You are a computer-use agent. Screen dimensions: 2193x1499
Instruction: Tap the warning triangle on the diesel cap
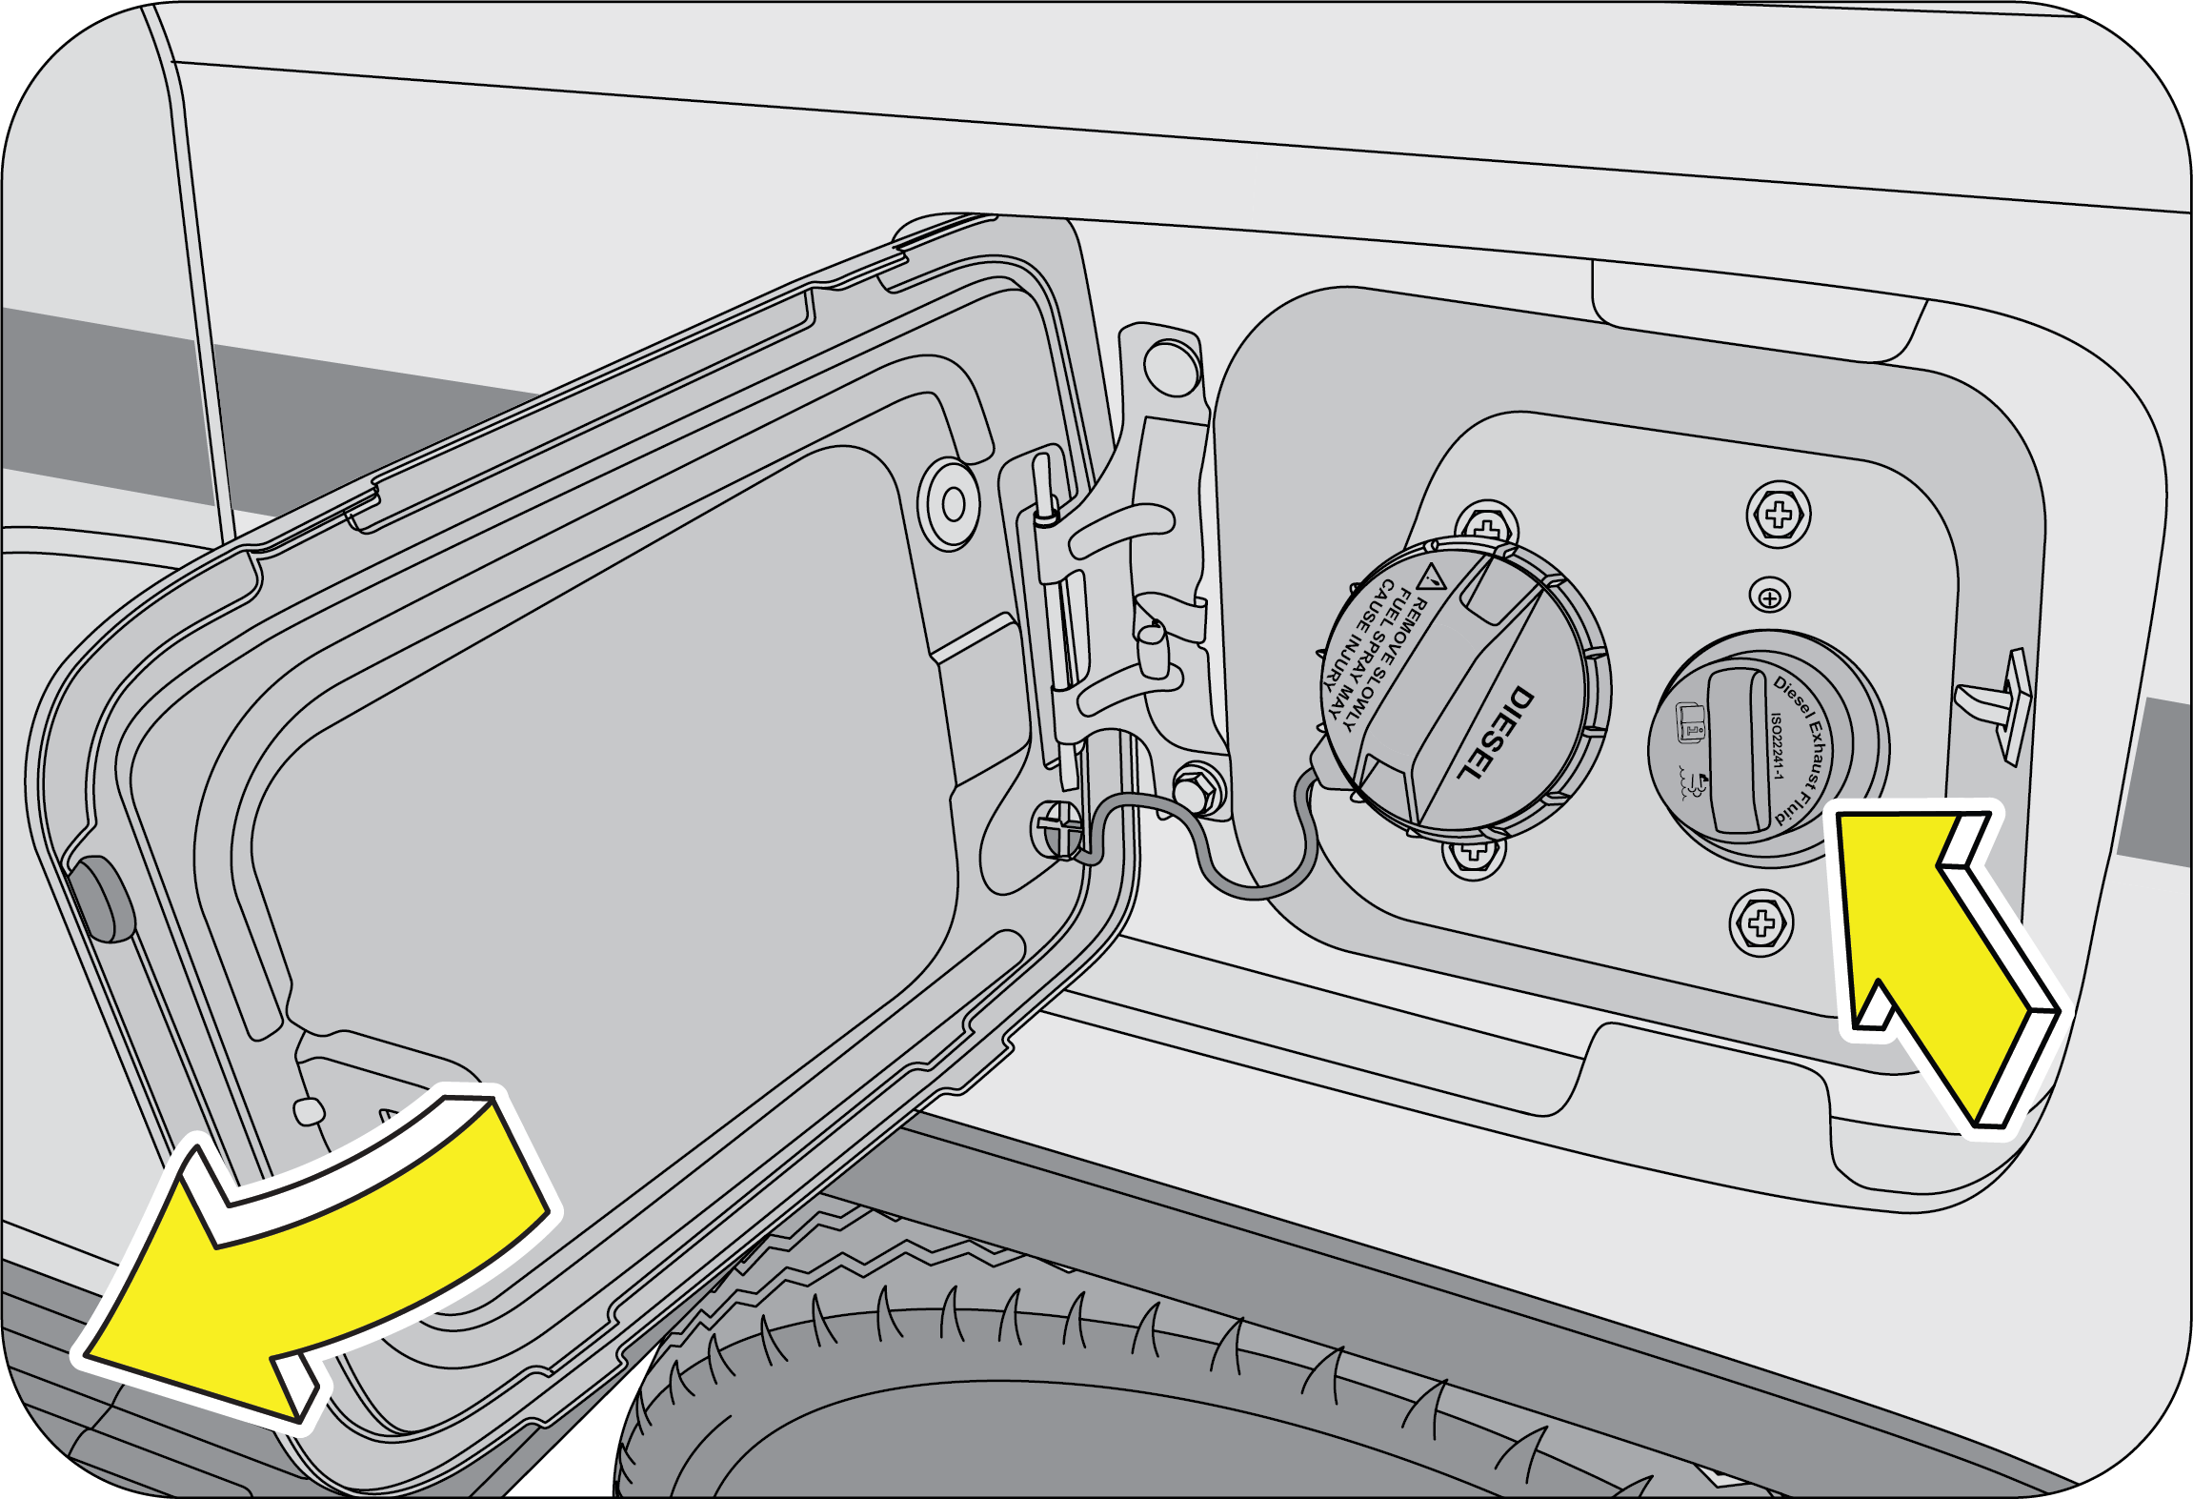point(1432,577)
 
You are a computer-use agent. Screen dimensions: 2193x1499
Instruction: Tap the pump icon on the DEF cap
point(1691,723)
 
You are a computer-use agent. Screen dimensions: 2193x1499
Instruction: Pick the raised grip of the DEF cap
point(1739,750)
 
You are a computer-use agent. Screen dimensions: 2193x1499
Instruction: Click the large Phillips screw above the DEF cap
point(1779,515)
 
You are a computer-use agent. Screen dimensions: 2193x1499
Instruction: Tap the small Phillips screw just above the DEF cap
point(1770,596)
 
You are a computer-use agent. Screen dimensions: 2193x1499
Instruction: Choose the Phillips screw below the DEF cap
point(1761,923)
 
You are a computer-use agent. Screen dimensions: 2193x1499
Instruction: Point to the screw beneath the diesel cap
point(1474,853)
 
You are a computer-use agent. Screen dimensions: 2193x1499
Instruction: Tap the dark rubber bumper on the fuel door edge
point(103,899)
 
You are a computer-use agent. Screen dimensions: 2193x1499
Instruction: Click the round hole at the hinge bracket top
point(1173,367)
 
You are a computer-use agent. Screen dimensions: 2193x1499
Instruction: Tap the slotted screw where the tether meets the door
point(1058,827)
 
